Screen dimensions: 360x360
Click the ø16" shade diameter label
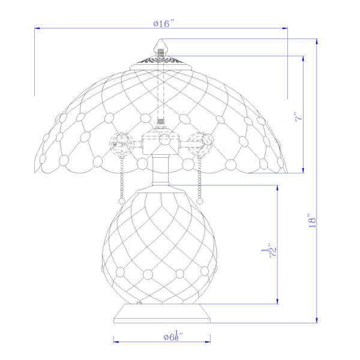(164, 23)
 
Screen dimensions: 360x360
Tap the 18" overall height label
(312, 221)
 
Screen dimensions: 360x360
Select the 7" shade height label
(299, 116)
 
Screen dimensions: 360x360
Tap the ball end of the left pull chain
(122, 202)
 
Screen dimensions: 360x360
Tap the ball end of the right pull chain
(200, 201)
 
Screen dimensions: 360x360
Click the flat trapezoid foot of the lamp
(162, 313)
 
